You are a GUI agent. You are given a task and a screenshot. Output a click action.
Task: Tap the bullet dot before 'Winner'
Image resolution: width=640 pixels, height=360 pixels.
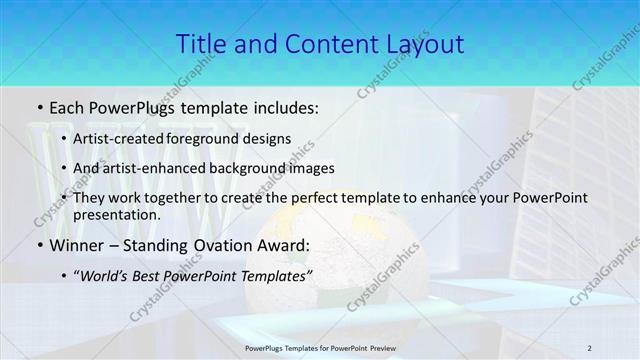pos(38,244)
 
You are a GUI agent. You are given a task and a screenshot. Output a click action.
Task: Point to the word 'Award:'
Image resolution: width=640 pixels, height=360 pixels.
pos(280,244)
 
